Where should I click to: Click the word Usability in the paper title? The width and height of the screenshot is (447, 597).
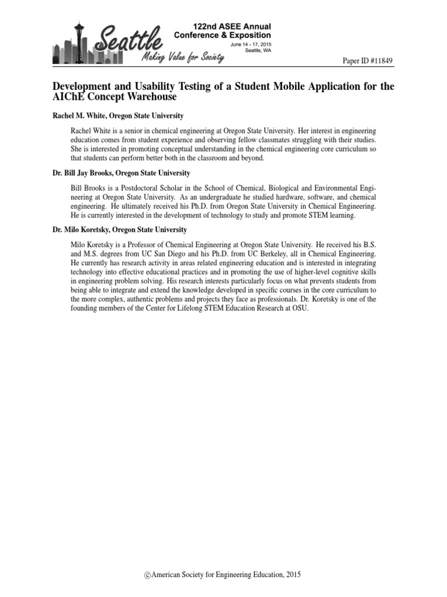141,87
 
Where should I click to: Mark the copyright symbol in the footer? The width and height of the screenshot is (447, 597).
147,575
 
